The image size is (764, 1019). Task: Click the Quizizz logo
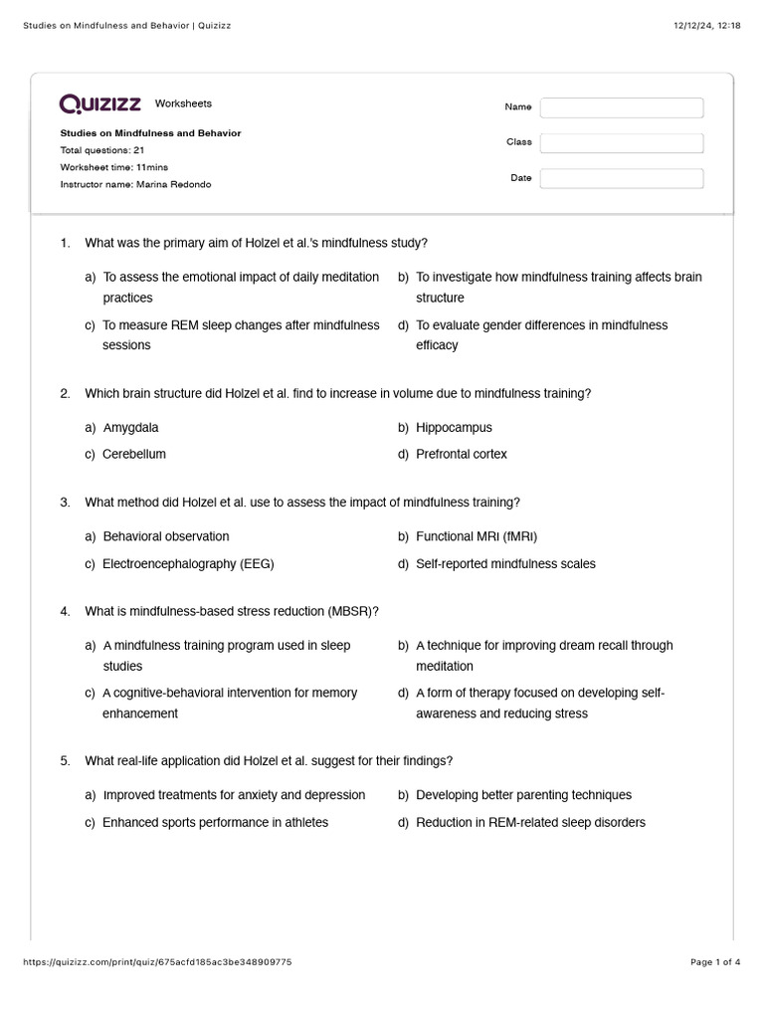coord(100,103)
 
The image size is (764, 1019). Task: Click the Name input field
coord(621,107)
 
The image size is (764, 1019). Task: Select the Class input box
coord(621,143)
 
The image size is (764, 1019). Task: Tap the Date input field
coord(621,178)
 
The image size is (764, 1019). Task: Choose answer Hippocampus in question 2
coord(454,428)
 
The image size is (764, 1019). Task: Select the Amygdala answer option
coord(130,428)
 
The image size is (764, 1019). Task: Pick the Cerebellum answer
coord(134,454)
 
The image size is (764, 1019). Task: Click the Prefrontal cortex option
coord(461,454)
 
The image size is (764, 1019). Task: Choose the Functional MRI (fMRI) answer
coord(477,536)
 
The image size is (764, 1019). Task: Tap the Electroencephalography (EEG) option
coord(188,563)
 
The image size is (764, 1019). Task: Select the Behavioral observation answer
coord(165,536)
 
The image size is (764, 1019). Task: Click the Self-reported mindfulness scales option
coord(505,563)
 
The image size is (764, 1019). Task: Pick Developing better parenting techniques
coord(523,795)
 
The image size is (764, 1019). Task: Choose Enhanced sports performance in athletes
coord(215,822)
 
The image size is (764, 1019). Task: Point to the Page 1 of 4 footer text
coord(715,962)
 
